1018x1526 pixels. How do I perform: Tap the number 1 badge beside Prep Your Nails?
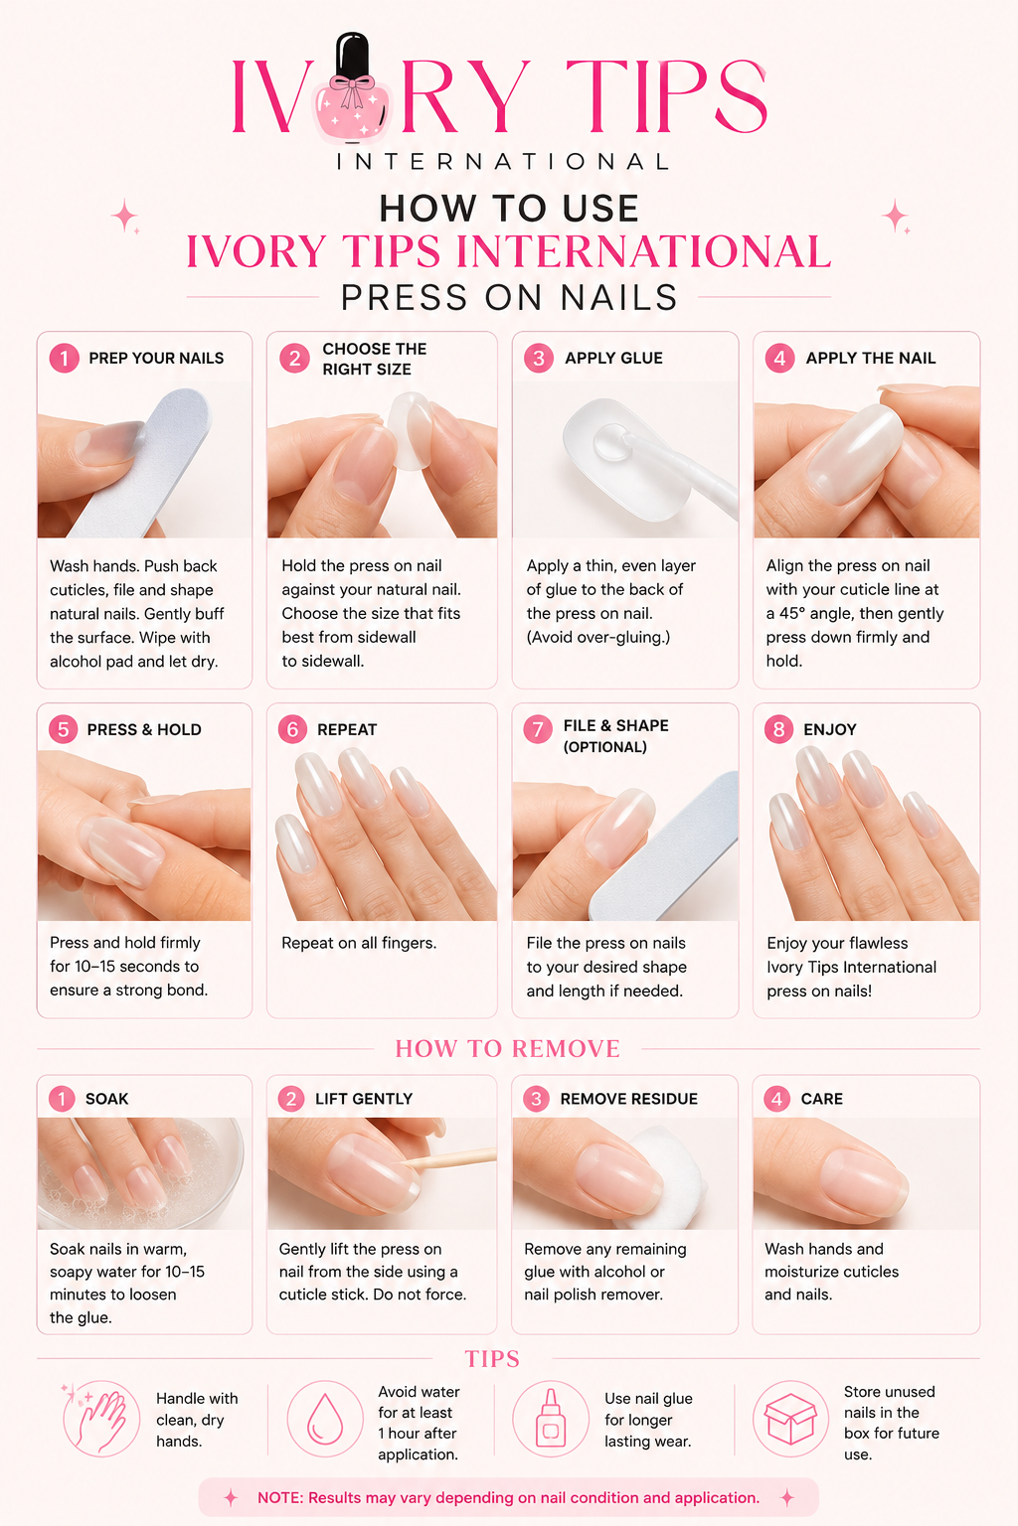coord(64,358)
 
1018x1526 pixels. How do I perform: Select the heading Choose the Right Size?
coord(375,359)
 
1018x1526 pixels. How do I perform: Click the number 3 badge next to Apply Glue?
coord(538,358)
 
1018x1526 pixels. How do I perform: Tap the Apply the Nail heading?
coord(871,358)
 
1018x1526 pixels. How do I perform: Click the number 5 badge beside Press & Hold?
coord(63,729)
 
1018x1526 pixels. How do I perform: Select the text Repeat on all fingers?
coord(359,943)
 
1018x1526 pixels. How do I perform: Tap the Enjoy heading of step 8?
coord(830,729)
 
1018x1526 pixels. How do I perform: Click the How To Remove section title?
coord(508,1048)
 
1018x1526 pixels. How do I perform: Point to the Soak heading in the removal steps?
coord(107,1098)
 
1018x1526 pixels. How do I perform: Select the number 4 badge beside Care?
coord(776,1098)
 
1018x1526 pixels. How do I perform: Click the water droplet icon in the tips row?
coord(324,1419)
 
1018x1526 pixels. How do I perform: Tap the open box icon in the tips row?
coord(790,1419)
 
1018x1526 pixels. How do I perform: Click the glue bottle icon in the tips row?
coord(550,1418)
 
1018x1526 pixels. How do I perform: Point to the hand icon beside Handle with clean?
coord(101,1420)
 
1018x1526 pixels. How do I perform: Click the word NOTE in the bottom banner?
coord(279,1497)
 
